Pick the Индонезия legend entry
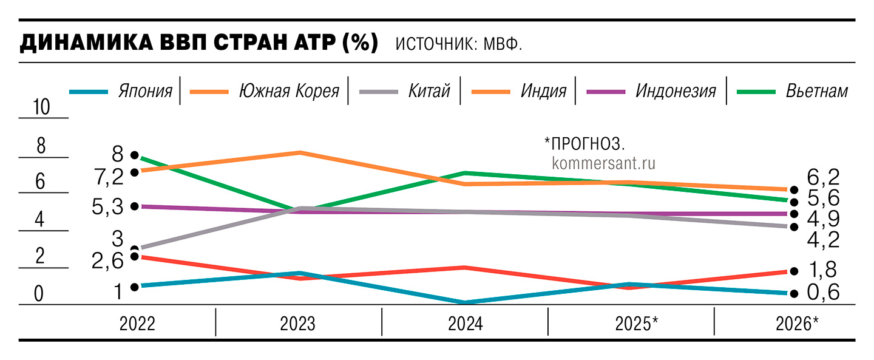(676, 92)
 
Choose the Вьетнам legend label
(816, 92)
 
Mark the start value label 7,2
(109, 177)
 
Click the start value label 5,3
(109, 207)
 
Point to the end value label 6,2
(823, 177)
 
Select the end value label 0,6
(823, 293)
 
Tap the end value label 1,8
(823, 270)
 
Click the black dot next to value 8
(135, 155)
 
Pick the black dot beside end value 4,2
(793, 227)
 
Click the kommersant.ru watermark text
(605, 163)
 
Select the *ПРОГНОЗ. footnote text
(584, 143)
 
